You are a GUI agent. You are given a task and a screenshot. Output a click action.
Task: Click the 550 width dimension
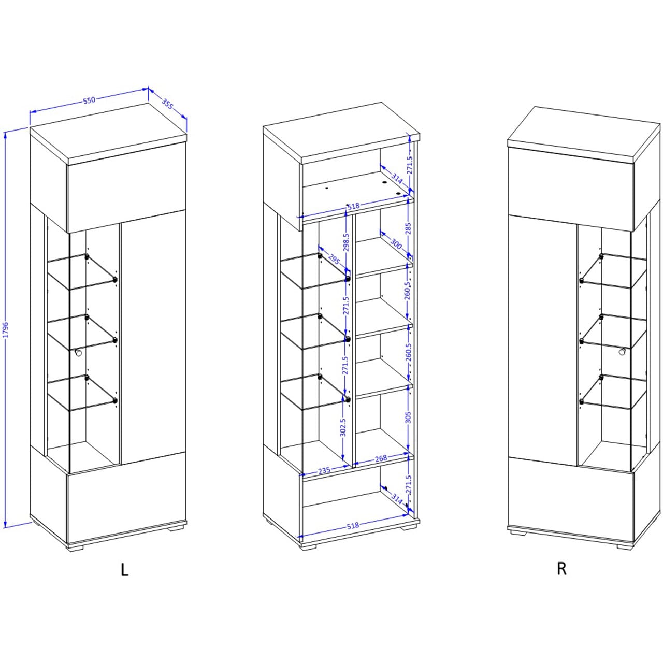[x=89, y=100]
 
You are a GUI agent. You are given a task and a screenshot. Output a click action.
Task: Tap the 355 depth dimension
[x=167, y=104]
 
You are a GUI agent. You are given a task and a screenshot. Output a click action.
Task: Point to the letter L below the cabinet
[x=124, y=569]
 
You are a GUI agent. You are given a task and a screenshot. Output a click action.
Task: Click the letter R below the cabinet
[x=561, y=569]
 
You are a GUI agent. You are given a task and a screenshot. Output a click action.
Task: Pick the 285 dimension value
[x=408, y=228]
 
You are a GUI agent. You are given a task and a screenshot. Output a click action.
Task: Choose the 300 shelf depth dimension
[x=396, y=243]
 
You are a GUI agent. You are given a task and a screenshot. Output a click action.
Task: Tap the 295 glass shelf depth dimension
[x=334, y=259]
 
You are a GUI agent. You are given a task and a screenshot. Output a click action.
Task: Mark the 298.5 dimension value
[x=346, y=242]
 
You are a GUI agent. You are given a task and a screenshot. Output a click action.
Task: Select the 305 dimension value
[x=408, y=417]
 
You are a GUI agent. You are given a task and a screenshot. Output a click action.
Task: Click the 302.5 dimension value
[x=343, y=427]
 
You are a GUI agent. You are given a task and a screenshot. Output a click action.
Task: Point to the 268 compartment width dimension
[x=381, y=458]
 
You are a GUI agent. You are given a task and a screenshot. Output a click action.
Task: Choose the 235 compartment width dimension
[x=324, y=470]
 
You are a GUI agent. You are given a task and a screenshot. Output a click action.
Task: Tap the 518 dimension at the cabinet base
[x=353, y=525]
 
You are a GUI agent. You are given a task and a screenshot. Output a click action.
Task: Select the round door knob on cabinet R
[x=623, y=352]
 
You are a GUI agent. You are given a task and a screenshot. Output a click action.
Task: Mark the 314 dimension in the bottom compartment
[x=397, y=499]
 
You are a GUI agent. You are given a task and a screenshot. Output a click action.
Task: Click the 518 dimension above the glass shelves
[x=353, y=206]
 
